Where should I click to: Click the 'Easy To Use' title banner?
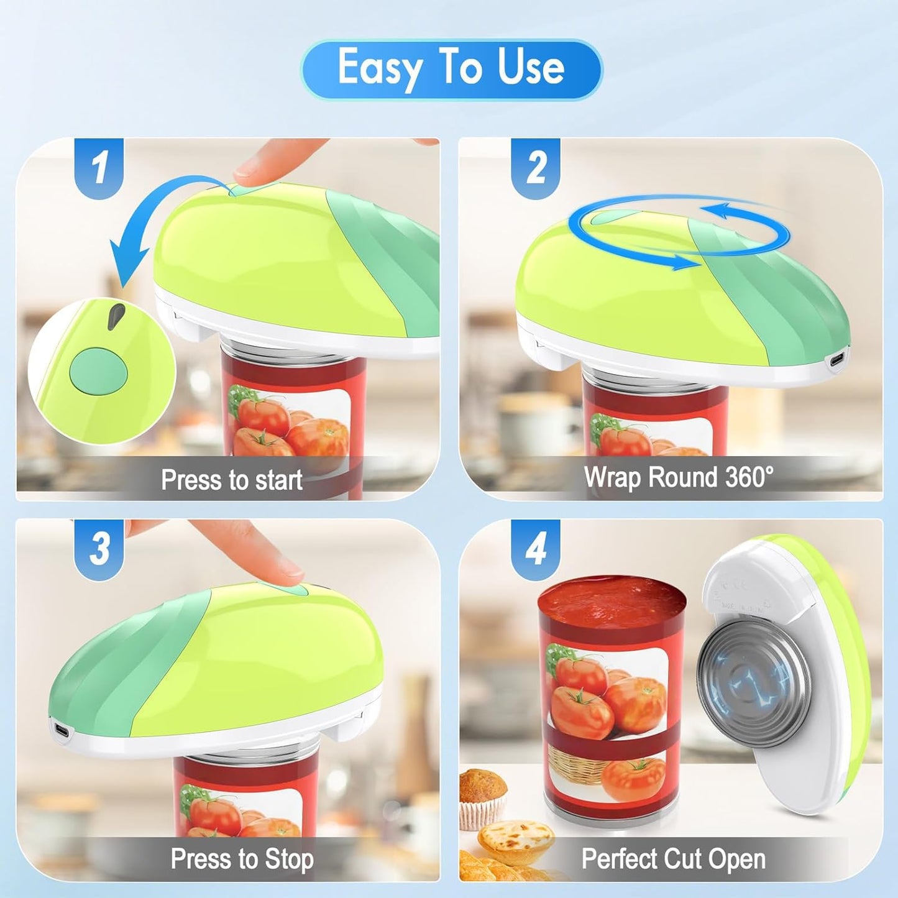tap(451, 70)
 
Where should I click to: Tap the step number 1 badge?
tap(99, 168)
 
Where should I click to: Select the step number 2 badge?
tap(536, 168)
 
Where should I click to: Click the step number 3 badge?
tap(99, 549)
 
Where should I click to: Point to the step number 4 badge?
tap(536, 549)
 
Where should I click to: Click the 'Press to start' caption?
tap(232, 480)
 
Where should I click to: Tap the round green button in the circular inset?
tap(98, 372)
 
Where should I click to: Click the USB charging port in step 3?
tap(60, 731)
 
